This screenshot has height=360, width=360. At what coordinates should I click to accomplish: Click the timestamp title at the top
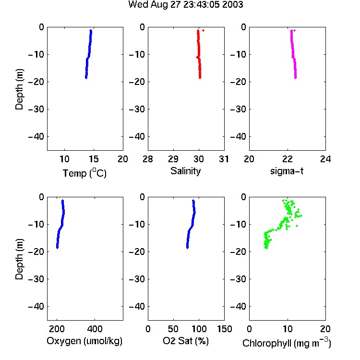click(x=185, y=4)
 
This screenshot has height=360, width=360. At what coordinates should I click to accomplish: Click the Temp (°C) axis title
click(x=84, y=173)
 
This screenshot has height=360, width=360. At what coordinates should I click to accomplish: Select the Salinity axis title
click(x=185, y=171)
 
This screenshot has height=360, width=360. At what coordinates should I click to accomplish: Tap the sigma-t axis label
click(x=287, y=171)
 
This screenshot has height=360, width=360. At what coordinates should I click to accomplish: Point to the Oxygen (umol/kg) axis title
click(x=84, y=341)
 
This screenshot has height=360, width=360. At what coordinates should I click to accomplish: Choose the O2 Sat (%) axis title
click(x=186, y=341)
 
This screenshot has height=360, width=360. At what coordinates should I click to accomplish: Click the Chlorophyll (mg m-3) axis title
click(x=287, y=343)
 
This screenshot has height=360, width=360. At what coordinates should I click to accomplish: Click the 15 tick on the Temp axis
click(x=94, y=159)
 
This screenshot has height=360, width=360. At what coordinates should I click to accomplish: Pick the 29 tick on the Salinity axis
click(x=173, y=159)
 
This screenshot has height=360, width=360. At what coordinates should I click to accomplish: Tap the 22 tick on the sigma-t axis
click(x=288, y=159)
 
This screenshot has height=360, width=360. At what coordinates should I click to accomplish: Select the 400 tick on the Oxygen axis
click(x=95, y=329)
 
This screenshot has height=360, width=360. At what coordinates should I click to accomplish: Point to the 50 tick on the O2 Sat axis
click(x=173, y=329)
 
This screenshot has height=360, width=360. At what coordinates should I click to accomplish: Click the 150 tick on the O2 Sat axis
click(x=225, y=329)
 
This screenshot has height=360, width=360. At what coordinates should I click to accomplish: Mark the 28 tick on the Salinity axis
click(x=148, y=159)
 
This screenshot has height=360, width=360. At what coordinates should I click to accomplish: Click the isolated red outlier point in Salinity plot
click(x=203, y=30)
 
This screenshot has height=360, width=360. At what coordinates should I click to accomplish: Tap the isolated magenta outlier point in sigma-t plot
click(x=295, y=30)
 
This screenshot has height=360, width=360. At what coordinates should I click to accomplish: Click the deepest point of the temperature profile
click(x=86, y=78)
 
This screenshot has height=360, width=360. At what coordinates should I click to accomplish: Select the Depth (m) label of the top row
click(x=19, y=89)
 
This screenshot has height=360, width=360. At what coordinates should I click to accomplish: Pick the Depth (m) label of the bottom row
click(x=19, y=259)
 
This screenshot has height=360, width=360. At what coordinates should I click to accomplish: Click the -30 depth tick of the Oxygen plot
click(x=36, y=279)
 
